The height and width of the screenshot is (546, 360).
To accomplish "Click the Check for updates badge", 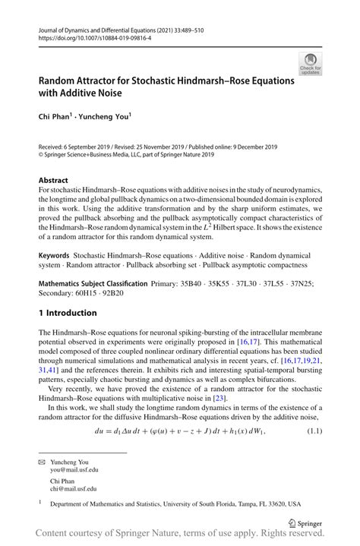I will [x=310, y=64].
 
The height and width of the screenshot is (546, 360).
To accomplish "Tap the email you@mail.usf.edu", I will [x=74, y=470].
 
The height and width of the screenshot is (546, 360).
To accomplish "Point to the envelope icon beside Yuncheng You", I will [x=43, y=461].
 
